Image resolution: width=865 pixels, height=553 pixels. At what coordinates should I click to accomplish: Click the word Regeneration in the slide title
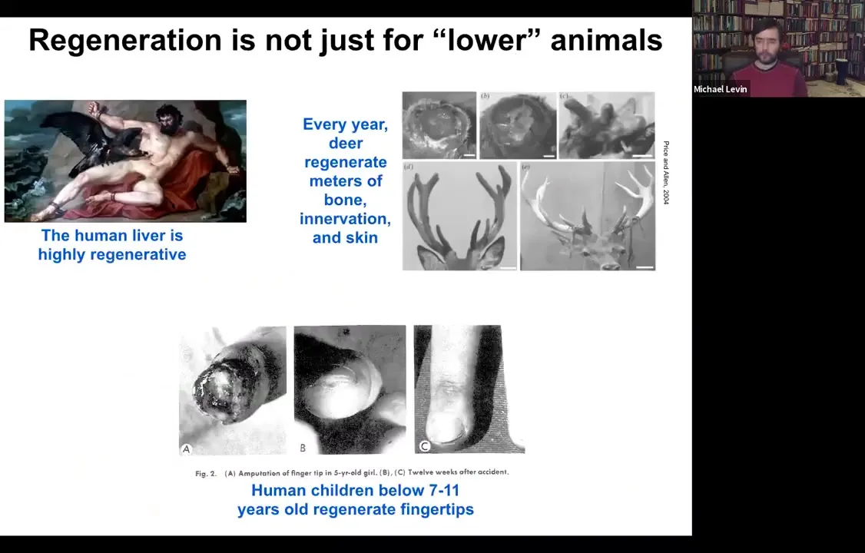point(126,41)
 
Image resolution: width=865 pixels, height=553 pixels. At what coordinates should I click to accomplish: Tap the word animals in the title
point(606,40)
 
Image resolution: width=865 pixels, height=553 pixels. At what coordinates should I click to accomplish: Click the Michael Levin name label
point(721,89)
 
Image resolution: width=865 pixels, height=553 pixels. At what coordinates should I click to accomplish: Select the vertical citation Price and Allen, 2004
point(666,173)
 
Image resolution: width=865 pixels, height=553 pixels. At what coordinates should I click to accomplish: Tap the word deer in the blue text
point(346,144)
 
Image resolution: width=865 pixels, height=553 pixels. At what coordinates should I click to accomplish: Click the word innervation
point(346,219)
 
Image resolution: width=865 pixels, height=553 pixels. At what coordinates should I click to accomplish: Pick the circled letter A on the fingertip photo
point(187,449)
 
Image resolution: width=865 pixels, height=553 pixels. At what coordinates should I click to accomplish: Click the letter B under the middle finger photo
point(303,449)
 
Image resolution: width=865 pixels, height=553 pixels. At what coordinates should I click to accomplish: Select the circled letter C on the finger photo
point(424,446)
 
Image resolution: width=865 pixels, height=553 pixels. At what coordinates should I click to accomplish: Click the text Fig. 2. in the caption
point(206,473)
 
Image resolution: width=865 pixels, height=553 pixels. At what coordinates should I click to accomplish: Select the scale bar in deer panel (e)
point(645,267)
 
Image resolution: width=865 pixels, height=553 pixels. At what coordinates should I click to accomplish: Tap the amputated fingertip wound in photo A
point(220,392)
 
